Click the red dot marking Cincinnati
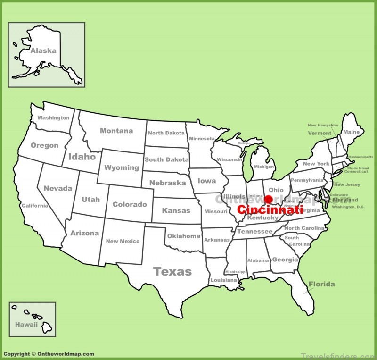(269, 200)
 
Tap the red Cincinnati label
(270, 210)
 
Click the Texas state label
(172, 271)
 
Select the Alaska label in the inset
(43, 50)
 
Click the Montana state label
(116, 131)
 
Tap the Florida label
(322, 284)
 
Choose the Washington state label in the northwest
(53, 118)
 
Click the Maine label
(351, 132)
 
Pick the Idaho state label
(82, 157)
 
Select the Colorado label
(130, 204)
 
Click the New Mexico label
(123, 241)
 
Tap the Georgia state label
(285, 260)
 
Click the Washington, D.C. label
(348, 207)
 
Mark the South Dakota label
(167, 159)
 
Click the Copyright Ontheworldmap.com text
(49, 354)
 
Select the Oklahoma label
(184, 236)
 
